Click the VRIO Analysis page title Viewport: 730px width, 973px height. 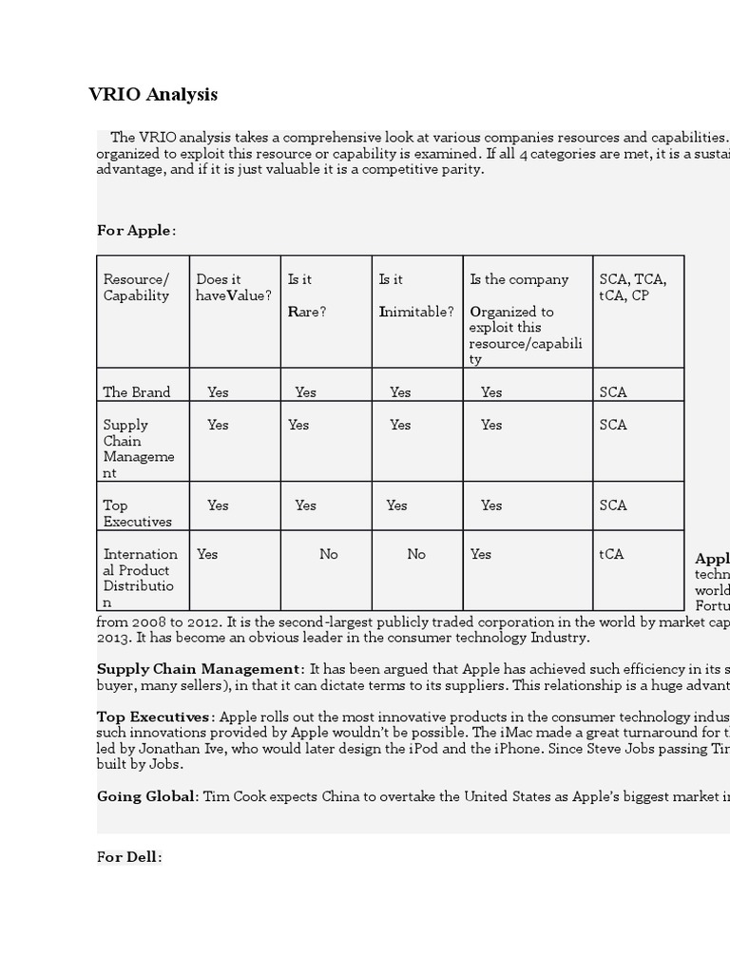pyautogui.click(x=153, y=94)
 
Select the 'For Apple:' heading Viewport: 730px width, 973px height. pyautogui.click(x=136, y=230)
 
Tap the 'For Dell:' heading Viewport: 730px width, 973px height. pyautogui.click(x=129, y=856)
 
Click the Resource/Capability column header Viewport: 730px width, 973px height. pyautogui.click(x=136, y=287)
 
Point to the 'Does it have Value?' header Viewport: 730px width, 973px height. pyautogui.click(x=233, y=287)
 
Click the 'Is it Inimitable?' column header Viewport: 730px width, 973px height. pyautogui.click(x=415, y=295)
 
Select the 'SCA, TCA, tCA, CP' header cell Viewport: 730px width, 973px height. pyautogui.click(x=633, y=287)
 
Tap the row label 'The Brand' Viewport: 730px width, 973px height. pyautogui.click(x=137, y=391)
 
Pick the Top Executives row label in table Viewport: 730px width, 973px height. pyautogui.click(x=138, y=513)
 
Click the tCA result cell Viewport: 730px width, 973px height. pyautogui.click(x=611, y=554)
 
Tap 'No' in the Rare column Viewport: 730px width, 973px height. pyautogui.click(x=328, y=554)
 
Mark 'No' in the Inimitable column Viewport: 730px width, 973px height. pyautogui.click(x=416, y=554)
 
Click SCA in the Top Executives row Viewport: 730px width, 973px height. pyautogui.click(x=613, y=506)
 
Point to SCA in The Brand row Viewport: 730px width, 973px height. pyautogui.click(x=613, y=391)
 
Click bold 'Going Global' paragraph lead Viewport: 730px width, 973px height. pyautogui.click(x=145, y=796)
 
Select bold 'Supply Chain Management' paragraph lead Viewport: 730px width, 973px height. pyautogui.click(x=198, y=669)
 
